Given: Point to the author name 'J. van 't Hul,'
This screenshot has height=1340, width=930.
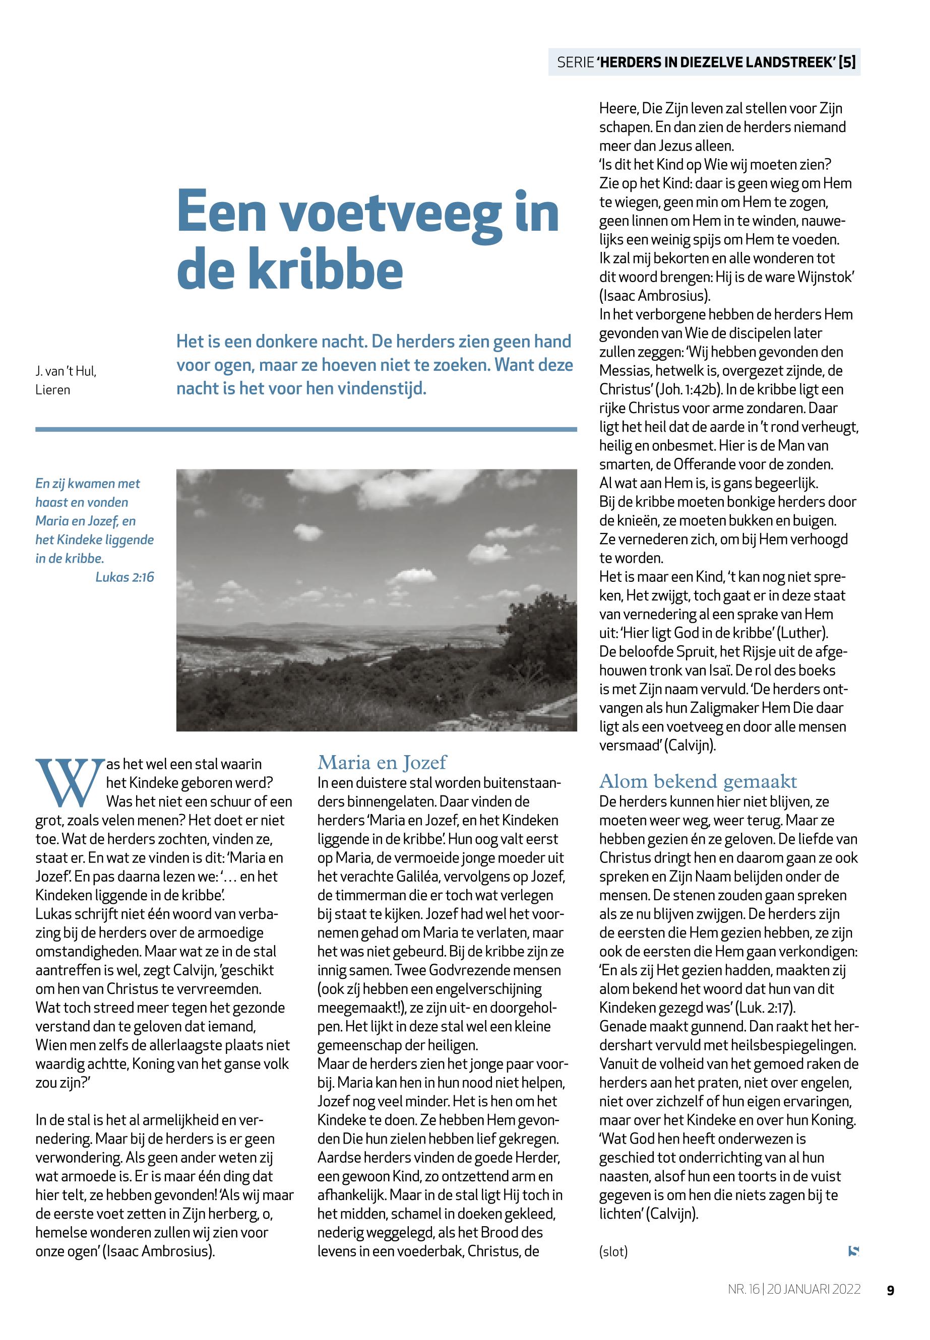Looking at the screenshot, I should point(66,371).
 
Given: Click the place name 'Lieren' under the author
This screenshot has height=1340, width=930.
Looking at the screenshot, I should point(52,390).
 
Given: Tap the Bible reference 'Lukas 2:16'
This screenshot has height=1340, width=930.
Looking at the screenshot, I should point(125,577).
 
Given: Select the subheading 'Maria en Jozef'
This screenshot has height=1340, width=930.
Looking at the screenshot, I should point(382,762).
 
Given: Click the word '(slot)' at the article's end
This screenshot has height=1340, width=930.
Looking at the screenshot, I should point(613,1251).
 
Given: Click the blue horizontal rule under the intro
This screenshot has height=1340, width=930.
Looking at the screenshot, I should point(306,429).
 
